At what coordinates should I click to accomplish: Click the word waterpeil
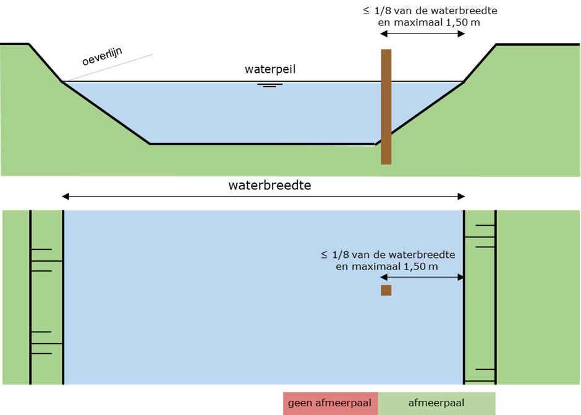click(270, 69)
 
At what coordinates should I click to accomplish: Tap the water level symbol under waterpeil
click(269, 85)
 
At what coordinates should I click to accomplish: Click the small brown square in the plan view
click(386, 290)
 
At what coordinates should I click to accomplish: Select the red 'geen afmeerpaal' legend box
click(330, 403)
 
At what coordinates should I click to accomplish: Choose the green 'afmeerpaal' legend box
click(436, 403)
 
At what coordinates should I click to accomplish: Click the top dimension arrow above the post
click(423, 34)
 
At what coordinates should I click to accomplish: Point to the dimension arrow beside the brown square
click(423, 277)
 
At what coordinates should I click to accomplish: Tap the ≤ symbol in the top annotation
click(367, 11)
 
